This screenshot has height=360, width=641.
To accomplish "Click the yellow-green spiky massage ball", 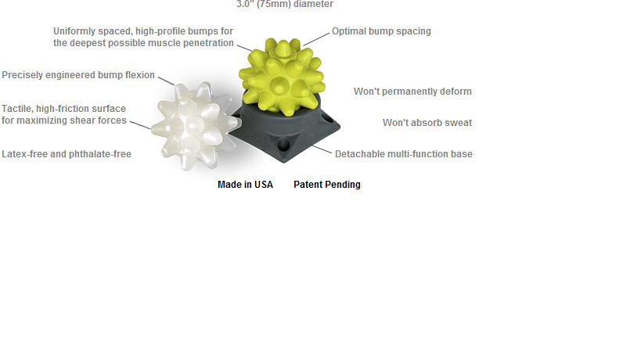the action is click(x=282, y=76).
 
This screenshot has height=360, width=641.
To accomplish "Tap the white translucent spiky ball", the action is click(x=193, y=124).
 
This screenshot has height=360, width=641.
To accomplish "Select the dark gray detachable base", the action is click(x=286, y=131).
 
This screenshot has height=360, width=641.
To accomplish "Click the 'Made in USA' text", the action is click(x=245, y=185).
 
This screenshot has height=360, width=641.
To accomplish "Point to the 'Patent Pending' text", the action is click(x=327, y=185).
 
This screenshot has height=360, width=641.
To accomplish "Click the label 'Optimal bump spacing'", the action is click(x=381, y=31).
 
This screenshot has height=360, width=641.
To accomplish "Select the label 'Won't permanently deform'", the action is click(x=413, y=92).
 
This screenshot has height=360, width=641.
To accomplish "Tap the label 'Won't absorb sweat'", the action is click(x=427, y=123).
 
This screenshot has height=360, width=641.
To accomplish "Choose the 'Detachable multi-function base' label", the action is click(x=404, y=154).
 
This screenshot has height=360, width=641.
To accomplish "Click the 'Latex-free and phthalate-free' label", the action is click(x=67, y=154).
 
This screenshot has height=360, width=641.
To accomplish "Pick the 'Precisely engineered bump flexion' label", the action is click(x=78, y=75).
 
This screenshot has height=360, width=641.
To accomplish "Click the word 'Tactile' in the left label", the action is click(x=17, y=109).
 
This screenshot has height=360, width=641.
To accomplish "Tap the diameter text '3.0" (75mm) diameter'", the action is click(x=285, y=4).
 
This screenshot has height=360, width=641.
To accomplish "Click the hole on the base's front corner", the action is click(x=283, y=144).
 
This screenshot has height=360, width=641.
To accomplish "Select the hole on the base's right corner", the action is click(x=327, y=120).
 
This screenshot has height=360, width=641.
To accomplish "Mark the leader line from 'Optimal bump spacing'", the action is click(x=316, y=39).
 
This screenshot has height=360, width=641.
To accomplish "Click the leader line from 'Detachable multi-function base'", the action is click(x=322, y=149).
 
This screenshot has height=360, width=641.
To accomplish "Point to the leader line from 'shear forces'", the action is click(x=140, y=124).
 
